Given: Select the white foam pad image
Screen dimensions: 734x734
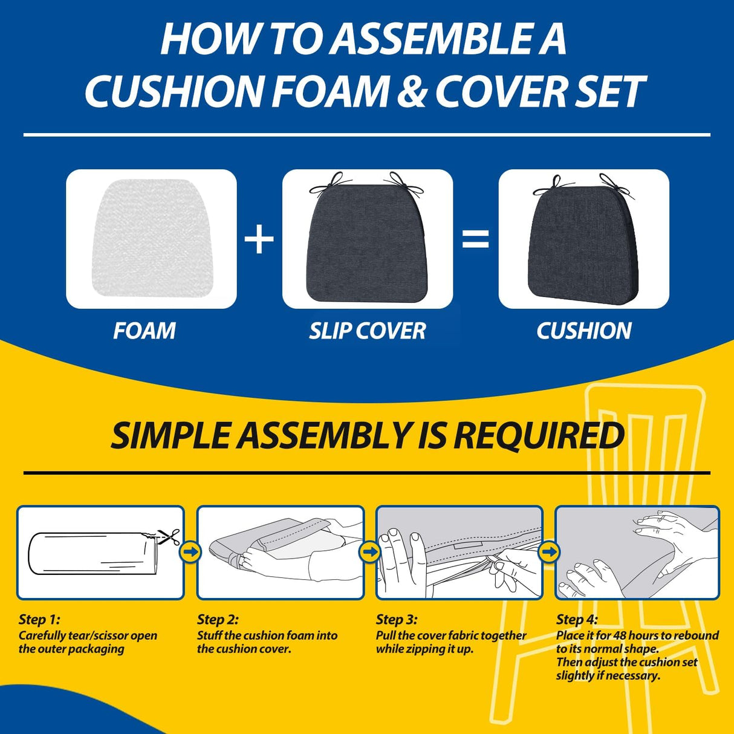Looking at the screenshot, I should point(151,239).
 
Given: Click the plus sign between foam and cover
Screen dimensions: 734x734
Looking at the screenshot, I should point(259,239).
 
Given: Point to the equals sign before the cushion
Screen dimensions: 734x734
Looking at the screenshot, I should point(475,239).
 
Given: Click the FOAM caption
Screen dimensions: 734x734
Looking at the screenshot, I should point(145,331).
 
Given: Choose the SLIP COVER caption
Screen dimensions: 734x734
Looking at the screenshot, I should point(367,331).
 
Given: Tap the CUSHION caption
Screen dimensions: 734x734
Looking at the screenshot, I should point(583,331).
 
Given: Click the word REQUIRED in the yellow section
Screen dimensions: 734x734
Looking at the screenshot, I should point(539,435).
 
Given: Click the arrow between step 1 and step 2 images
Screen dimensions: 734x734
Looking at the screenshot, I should point(190,551).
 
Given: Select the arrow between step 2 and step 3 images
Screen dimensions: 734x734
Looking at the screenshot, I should point(369,551).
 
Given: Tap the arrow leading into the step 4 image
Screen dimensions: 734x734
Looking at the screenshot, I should point(549,551).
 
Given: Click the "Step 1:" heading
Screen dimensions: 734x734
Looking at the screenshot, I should point(39,619).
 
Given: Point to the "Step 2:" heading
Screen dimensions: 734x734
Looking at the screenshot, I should point(218,619).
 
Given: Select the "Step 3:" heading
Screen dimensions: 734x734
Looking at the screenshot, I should point(397,619).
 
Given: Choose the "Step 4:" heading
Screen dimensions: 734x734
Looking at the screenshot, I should point(577,619).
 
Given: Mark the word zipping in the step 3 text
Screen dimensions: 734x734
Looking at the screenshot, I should point(429,649).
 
